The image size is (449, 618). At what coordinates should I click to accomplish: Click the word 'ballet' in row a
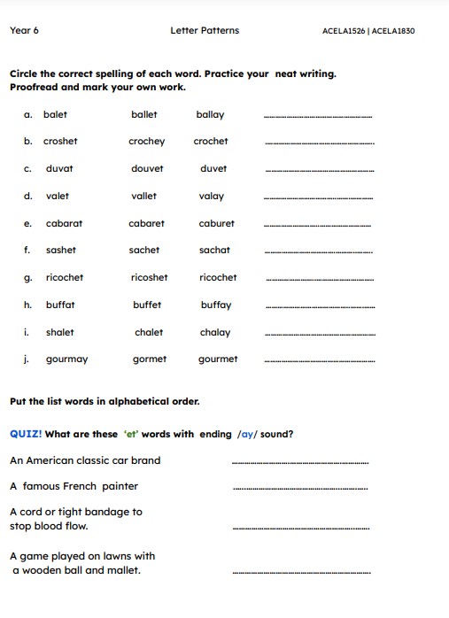click(x=143, y=114)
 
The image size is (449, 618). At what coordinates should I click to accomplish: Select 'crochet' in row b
click(x=211, y=142)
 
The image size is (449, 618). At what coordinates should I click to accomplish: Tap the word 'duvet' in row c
click(x=213, y=168)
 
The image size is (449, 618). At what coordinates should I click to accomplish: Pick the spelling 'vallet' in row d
click(x=143, y=196)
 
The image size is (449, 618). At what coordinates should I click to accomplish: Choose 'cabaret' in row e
click(x=146, y=223)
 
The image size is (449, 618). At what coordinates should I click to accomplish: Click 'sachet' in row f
click(x=144, y=251)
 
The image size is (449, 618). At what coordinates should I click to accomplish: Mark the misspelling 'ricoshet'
click(x=149, y=277)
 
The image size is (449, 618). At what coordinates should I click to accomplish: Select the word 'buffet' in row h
click(x=147, y=305)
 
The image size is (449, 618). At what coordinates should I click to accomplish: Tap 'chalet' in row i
click(x=149, y=332)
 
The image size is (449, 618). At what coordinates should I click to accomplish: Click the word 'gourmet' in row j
click(x=218, y=359)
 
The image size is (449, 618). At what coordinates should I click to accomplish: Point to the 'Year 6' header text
click(x=24, y=31)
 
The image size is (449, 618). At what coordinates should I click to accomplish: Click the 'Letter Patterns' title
click(x=205, y=31)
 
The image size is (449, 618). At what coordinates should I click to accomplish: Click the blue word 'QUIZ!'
click(x=25, y=434)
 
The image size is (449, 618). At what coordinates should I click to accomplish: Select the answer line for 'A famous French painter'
click(x=299, y=489)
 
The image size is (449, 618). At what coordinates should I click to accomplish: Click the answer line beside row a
click(x=319, y=117)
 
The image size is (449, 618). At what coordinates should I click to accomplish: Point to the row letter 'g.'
click(x=28, y=278)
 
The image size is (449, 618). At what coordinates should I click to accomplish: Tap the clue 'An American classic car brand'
click(x=85, y=460)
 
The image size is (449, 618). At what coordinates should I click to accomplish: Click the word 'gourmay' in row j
click(x=67, y=359)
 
